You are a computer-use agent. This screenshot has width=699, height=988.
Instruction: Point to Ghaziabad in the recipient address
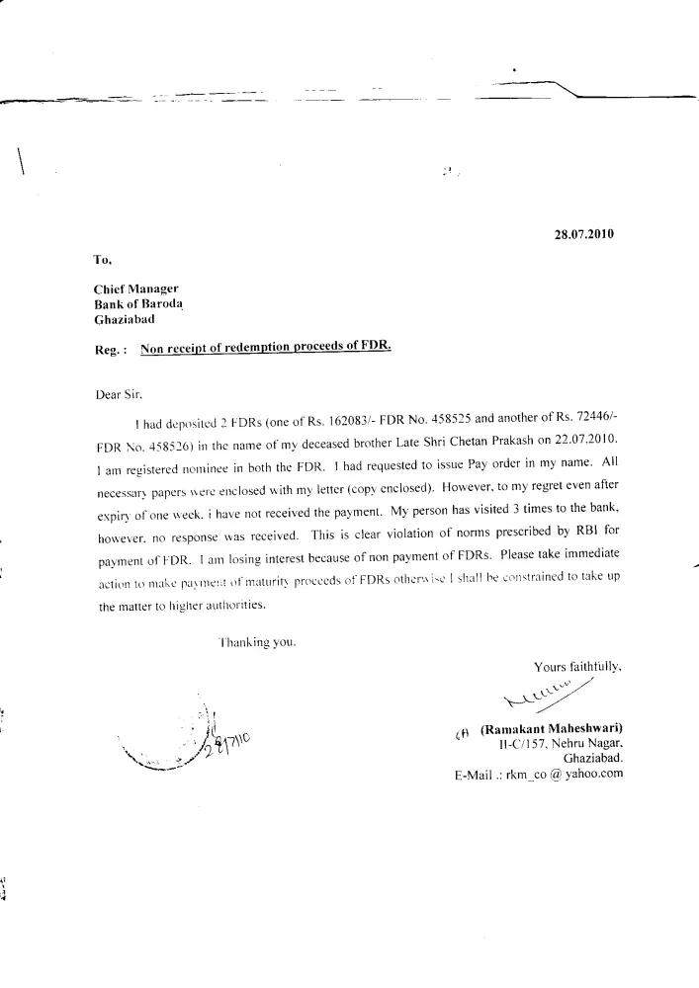[124, 321]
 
